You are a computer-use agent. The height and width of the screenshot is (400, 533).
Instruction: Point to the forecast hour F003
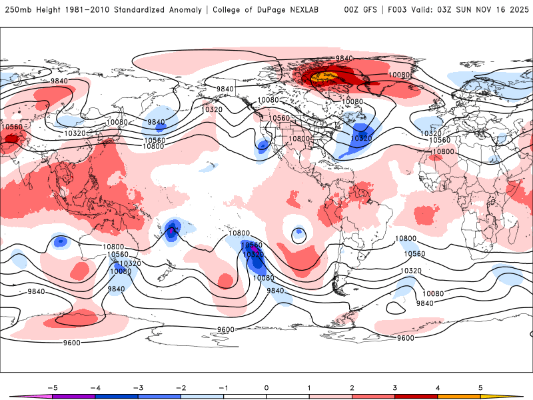[401, 10]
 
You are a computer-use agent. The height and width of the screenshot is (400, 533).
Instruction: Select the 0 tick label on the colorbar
[266, 387]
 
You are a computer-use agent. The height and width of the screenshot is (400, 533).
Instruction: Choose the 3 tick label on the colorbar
[395, 387]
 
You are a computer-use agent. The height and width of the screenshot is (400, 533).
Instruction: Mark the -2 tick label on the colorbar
[181, 387]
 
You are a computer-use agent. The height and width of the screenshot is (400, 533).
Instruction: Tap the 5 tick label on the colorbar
[480, 387]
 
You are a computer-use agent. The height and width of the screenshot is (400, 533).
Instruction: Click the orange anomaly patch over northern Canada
[324, 78]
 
